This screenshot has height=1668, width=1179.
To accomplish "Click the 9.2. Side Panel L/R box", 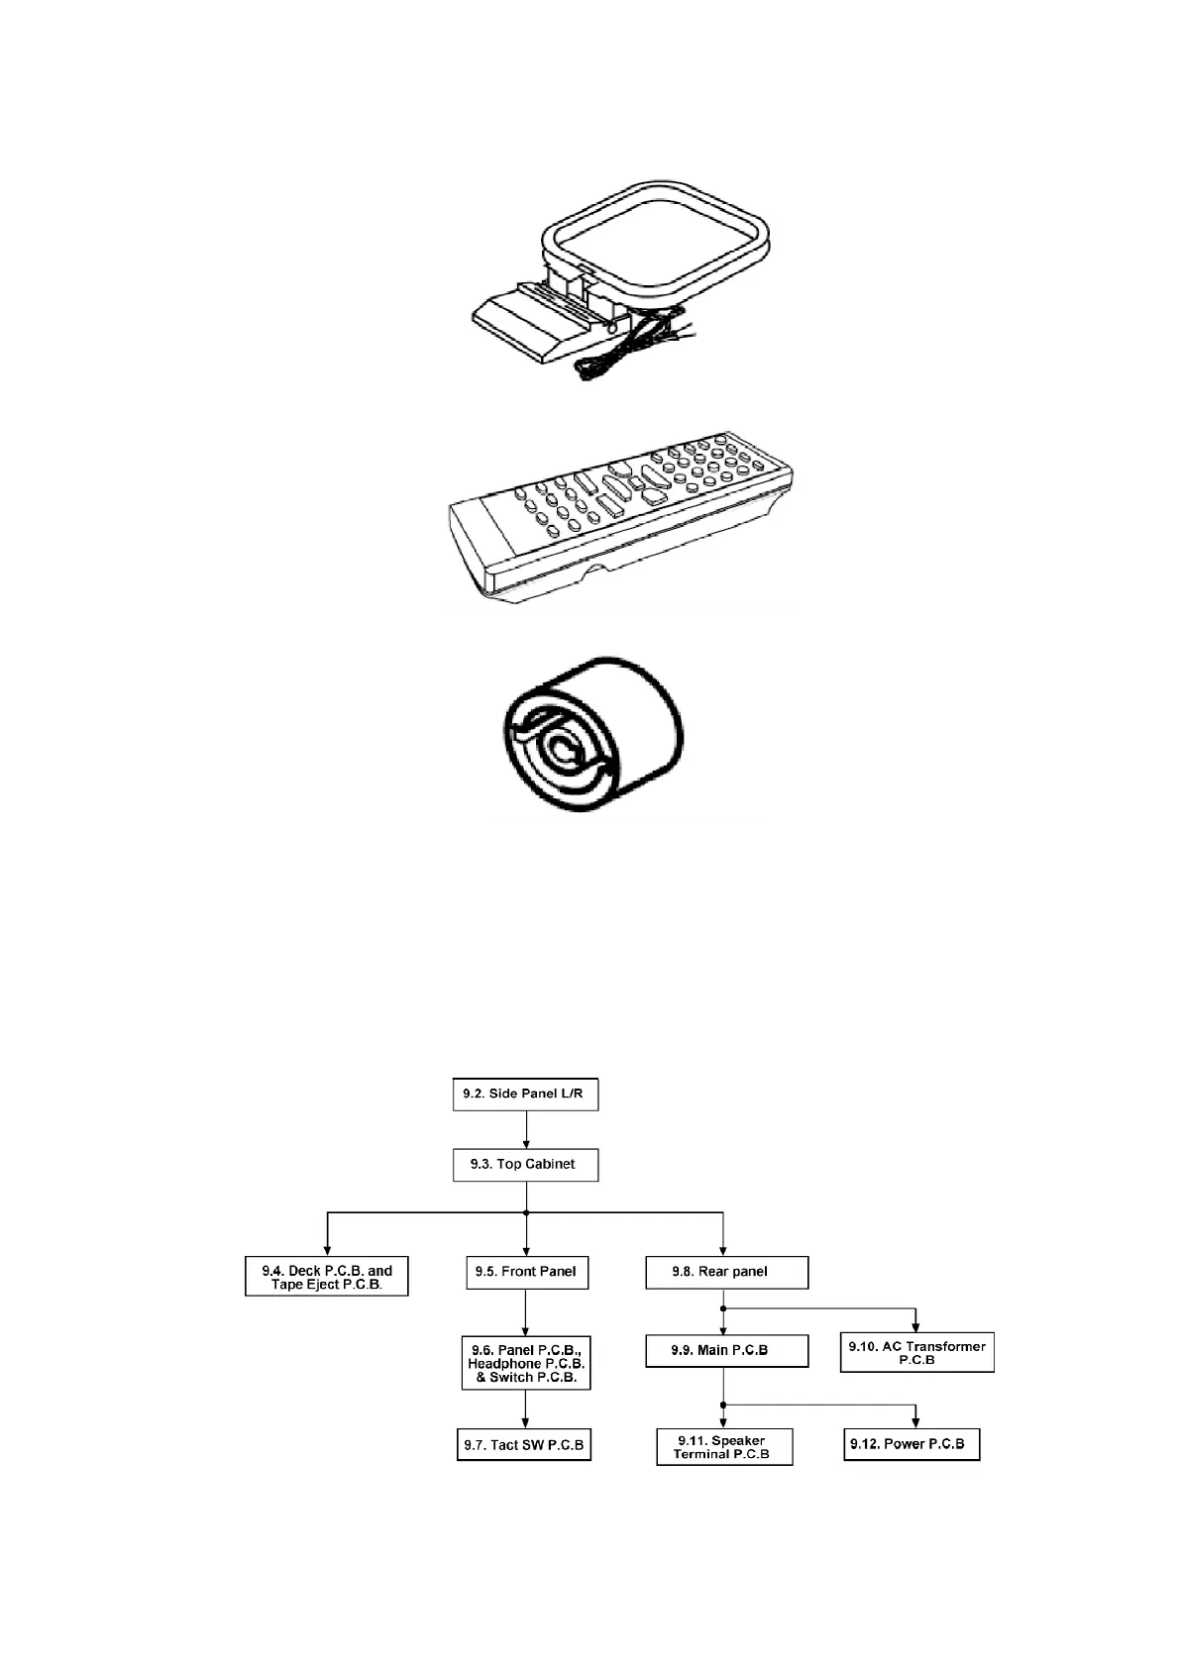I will click(525, 1095).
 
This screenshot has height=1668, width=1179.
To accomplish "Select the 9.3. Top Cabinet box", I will click(525, 1164).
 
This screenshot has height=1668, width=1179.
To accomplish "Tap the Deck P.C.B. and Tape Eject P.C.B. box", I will click(327, 1277).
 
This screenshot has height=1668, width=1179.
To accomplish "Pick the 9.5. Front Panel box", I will click(526, 1272).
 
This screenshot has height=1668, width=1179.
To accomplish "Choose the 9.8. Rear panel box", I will click(726, 1272).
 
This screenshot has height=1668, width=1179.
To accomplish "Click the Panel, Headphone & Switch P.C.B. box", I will click(525, 1363).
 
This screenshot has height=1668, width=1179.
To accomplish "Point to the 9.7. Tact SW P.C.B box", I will click(524, 1445).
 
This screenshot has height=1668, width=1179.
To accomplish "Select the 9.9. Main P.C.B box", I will click(726, 1350).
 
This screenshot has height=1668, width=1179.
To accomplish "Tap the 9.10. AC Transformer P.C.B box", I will click(916, 1352).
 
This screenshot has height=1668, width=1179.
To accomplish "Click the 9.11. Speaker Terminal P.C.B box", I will click(724, 1447).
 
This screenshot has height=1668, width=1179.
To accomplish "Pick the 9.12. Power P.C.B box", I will click(911, 1444).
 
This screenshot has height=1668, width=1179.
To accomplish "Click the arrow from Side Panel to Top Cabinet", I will click(526, 1128).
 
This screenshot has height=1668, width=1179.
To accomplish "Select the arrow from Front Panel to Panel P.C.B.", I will click(525, 1312).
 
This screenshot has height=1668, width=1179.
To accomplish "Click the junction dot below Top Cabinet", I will click(526, 1212).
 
